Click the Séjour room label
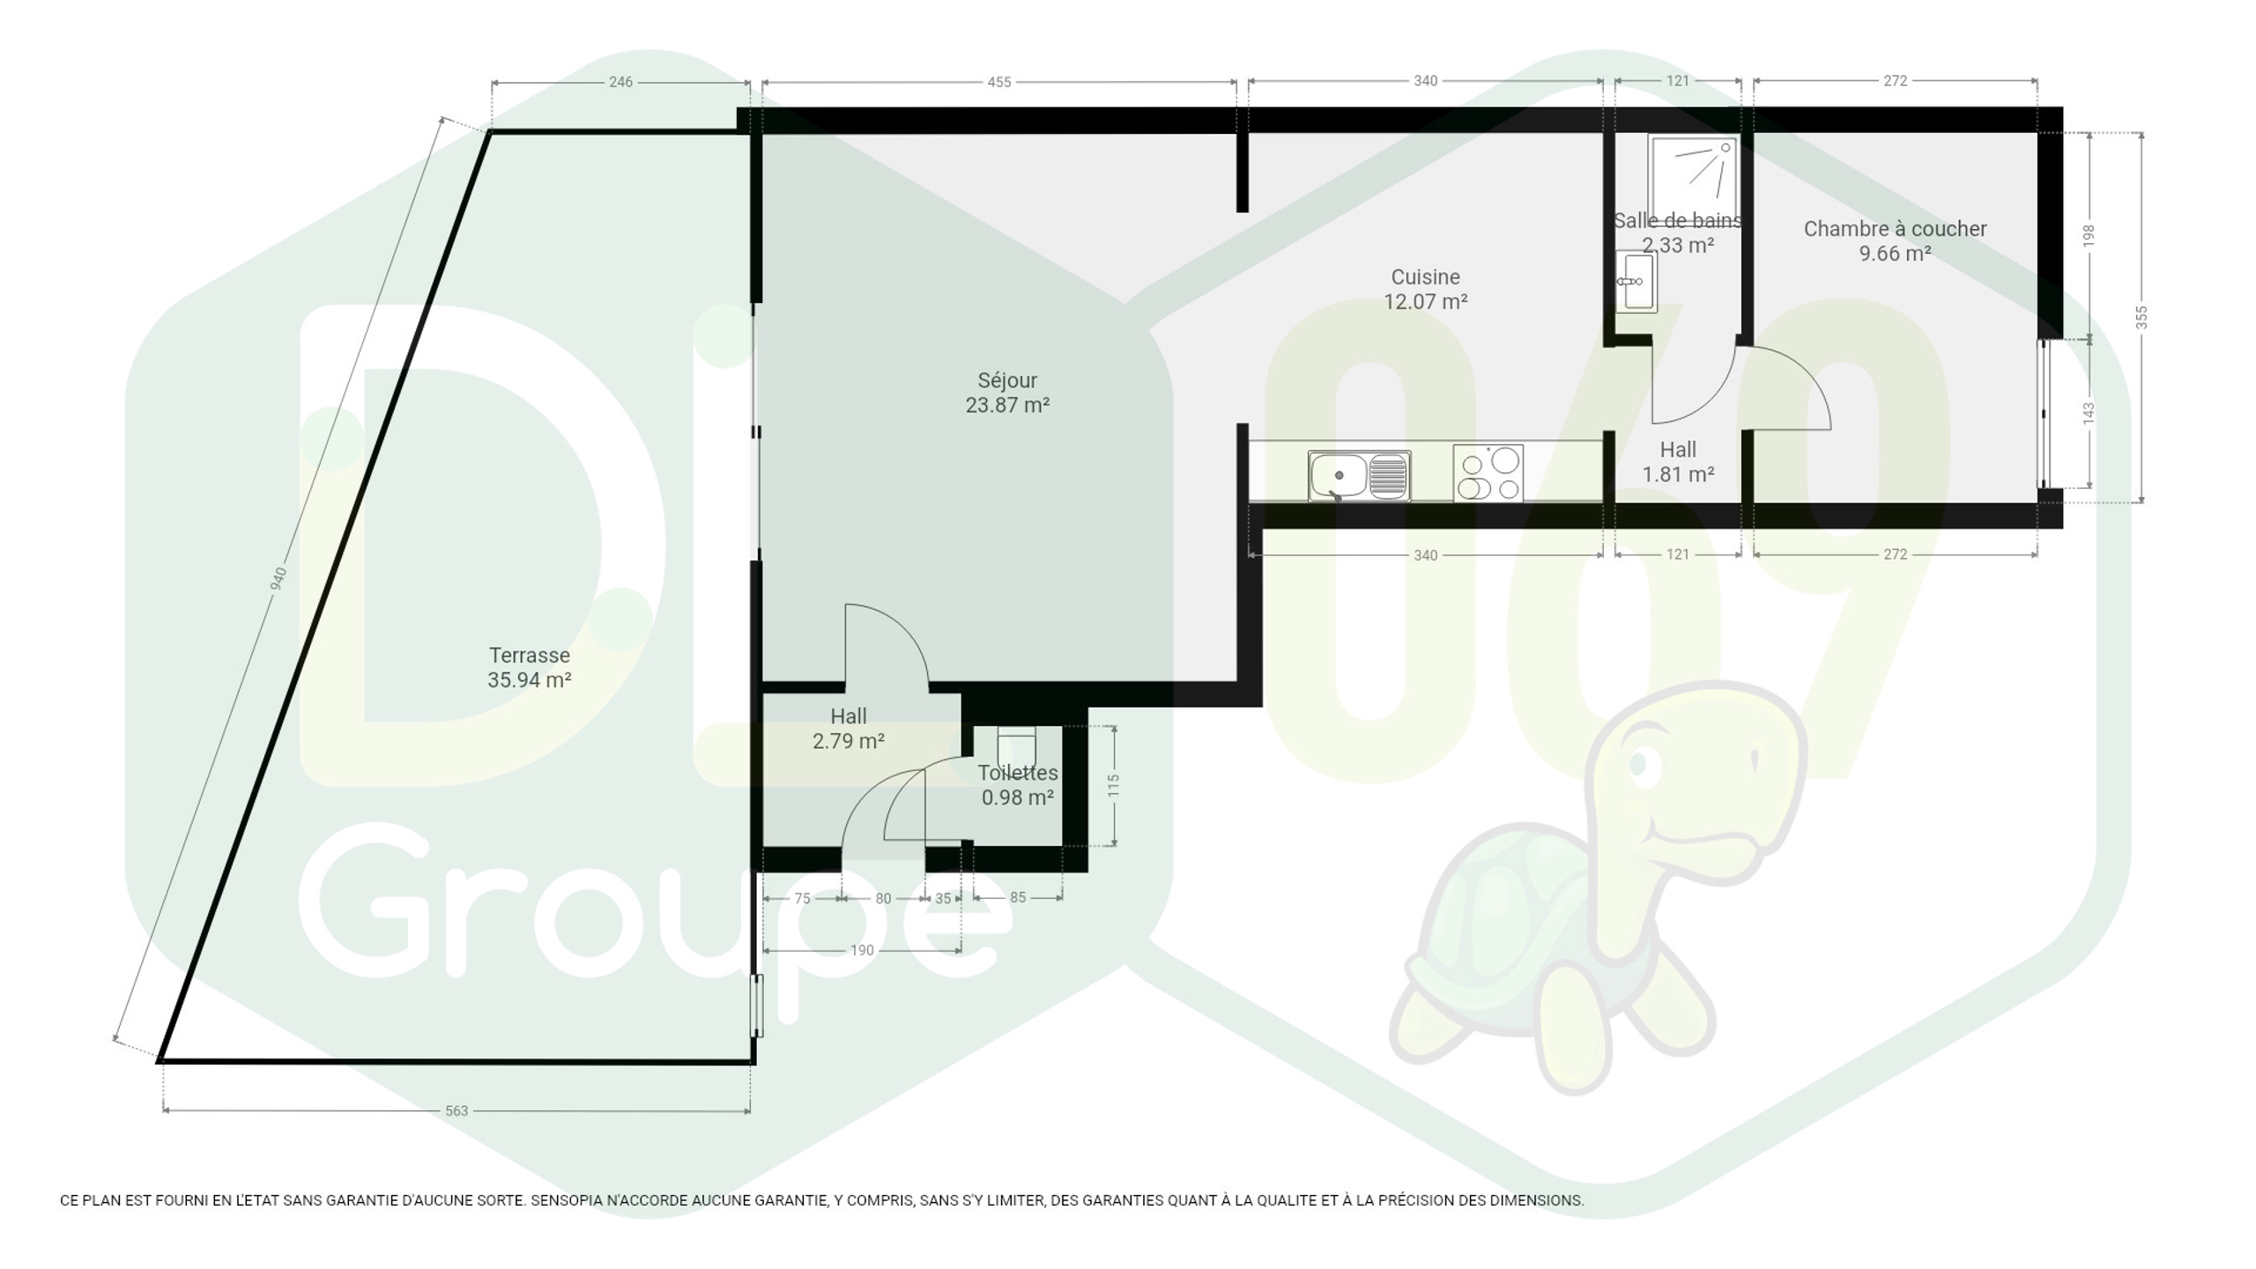(x=1007, y=381)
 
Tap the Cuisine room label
(x=1425, y=277)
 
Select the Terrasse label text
(x=530, y=656)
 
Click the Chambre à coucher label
(x=1895, y=229)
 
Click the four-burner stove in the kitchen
(x=1488, y=474)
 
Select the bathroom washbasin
(x=1636, y=281)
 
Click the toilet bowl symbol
(x=1017, y=748)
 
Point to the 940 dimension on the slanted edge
(x=278, y=579)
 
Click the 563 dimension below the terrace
(x=456, y=1111)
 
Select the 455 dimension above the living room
(x=999, y=82)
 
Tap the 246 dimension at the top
(x=620, y=82)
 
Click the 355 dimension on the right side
(x=2141, y=317)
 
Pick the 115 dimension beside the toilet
(x=1114, y=785)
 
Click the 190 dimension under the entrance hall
(x=862, y=950)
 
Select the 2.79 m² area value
(x=849, y=741)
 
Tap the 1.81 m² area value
(x=1678, y=475)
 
